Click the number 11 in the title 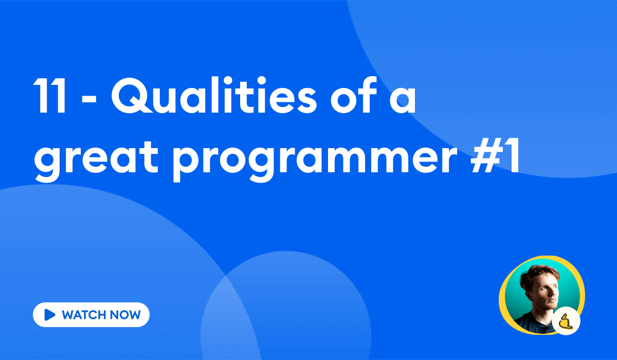[50, 97]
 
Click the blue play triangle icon [50, 315]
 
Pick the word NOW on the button [126, 315]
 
